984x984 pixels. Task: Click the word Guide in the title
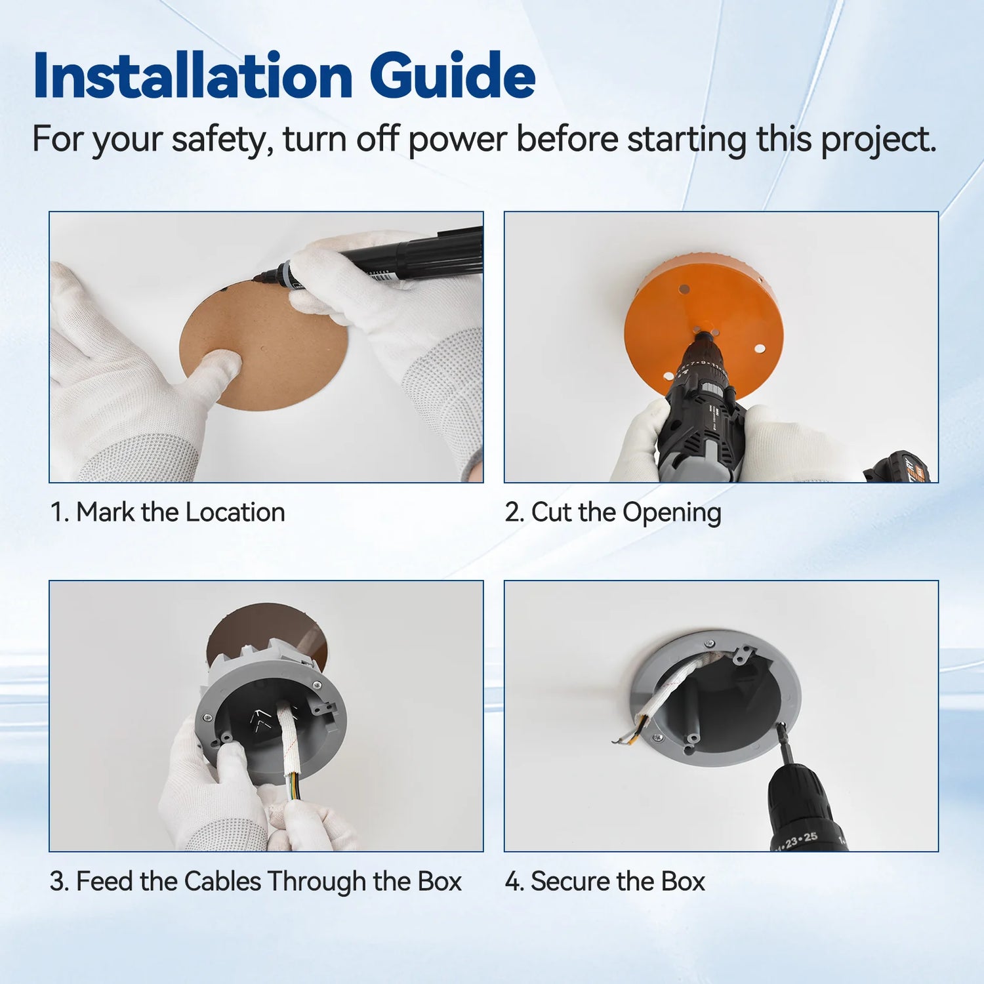[452, 76]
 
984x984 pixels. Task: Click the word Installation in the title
[194, 76]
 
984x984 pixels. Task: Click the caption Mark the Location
[180, 512]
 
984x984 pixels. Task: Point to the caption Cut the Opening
[626, 512]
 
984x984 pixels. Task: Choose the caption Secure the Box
[617, 882]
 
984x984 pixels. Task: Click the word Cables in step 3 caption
[222, 882]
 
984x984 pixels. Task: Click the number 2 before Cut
[512, 512]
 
